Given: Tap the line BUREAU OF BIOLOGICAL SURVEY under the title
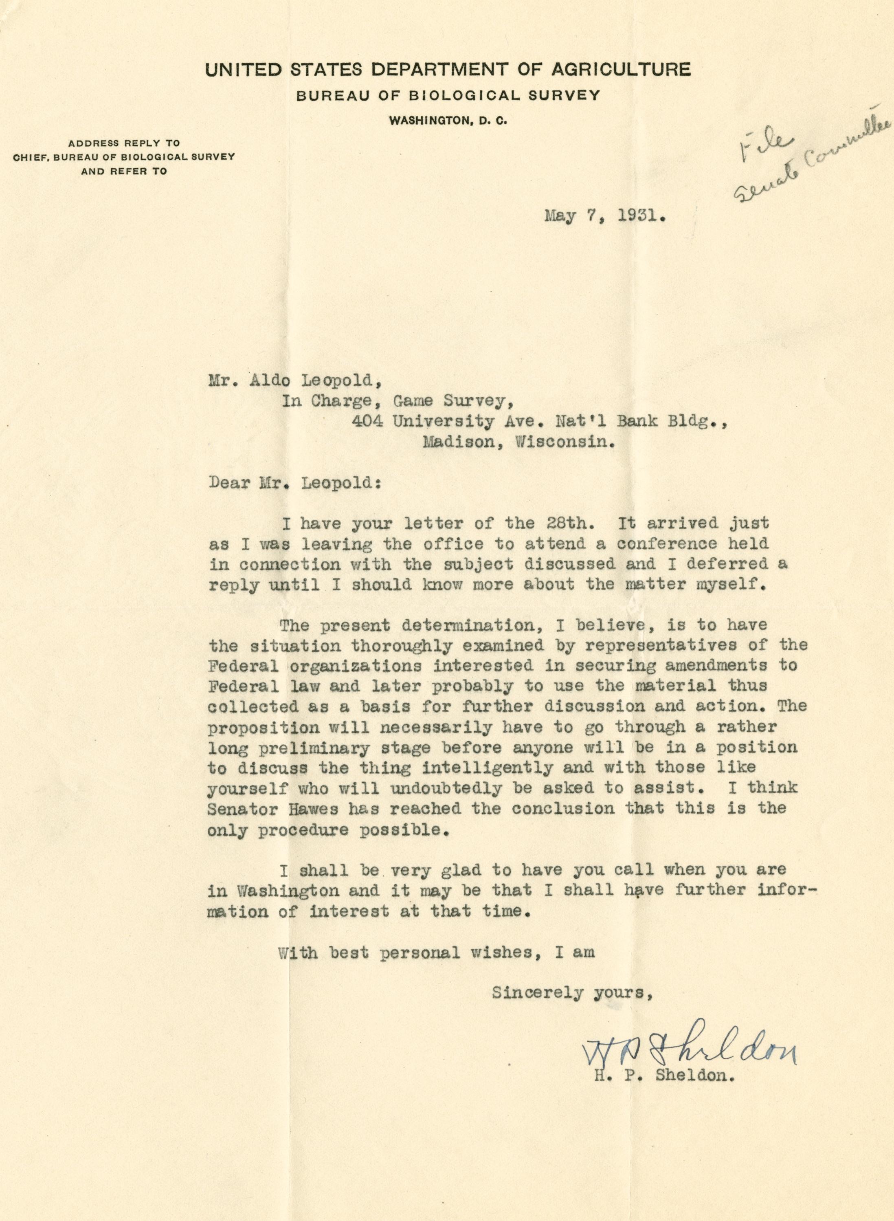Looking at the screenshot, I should pos(448,96).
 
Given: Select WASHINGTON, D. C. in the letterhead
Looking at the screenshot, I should pos(448,122).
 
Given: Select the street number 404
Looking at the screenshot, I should pos(367,421).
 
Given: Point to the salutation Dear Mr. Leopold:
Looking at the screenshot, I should pos(295,482).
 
